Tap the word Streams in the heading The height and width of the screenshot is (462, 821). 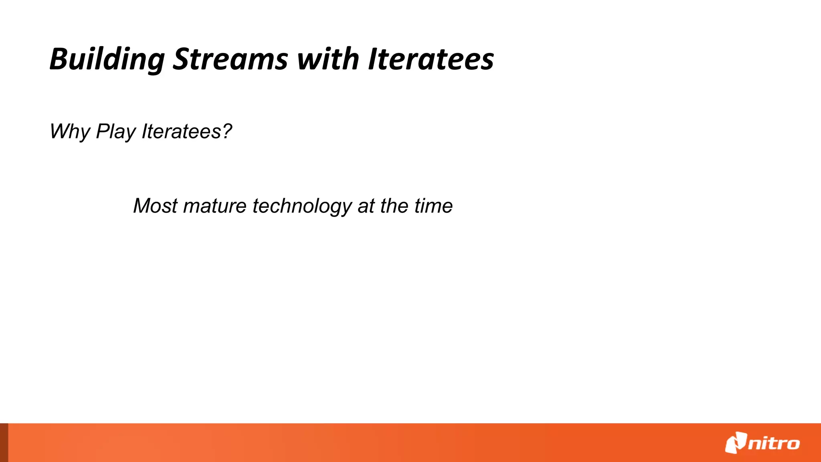[x=230, y=59]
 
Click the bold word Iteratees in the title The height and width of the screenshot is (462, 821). [x=431, y=59]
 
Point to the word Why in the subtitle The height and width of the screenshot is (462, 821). [x=69, y=132]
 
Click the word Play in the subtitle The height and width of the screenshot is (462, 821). [x=116, y=132]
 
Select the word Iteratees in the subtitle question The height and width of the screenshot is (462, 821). [x=182, y=132]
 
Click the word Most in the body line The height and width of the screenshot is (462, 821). [x=155, y=206]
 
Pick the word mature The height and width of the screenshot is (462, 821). [x=214, y=206]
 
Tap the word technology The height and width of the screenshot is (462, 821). [x=302, y=207]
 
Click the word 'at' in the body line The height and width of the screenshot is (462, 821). [x=366, y=206]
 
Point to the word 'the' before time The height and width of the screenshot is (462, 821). [x=394, y=206]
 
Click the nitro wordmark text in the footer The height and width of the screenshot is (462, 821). [x=774, y=444]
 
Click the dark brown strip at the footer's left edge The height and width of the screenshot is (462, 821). [x=4, y=442]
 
